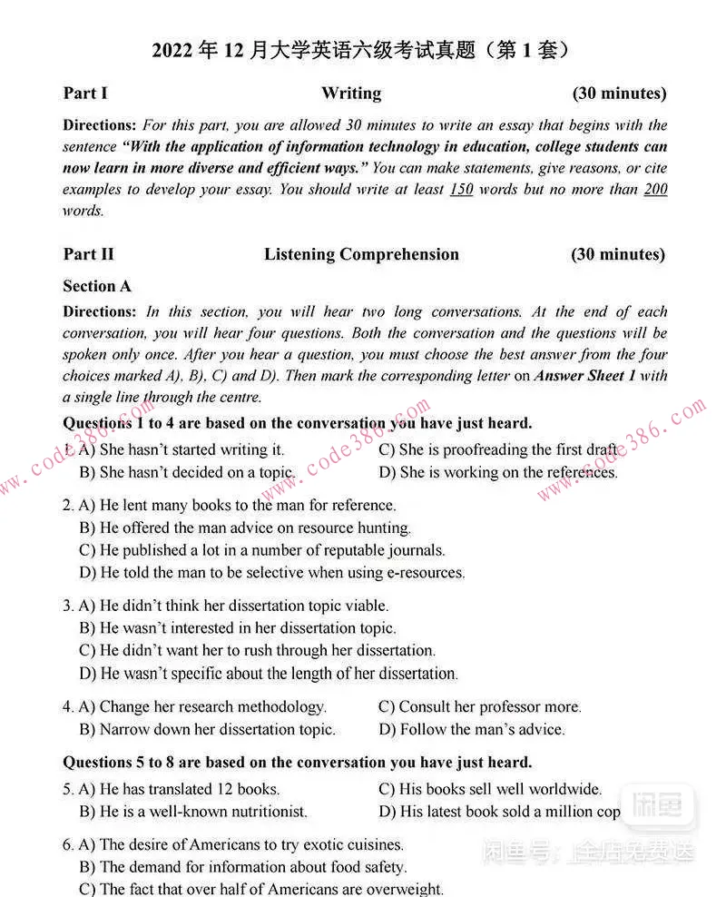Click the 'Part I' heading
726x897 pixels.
click(85, 94)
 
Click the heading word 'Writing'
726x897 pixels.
click(351, 94)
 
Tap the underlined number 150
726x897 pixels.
click(461, 190)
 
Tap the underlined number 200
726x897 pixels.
click(654, 190)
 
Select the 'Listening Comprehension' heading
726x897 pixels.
click(361, 255)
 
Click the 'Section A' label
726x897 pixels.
click(97, 287)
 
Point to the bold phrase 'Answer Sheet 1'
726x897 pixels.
click(585, 376)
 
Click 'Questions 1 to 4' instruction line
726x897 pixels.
click(297, 423)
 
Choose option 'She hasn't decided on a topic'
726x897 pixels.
click(187, 473)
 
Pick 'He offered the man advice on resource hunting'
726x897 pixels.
click(245, 527)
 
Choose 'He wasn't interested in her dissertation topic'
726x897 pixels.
click(238, 628)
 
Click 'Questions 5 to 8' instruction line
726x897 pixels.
click(297, 763)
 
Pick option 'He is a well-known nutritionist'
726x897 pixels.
click(193, 812)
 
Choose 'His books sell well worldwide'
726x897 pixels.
click(490, 790)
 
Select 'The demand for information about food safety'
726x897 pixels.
click(243, 867)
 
